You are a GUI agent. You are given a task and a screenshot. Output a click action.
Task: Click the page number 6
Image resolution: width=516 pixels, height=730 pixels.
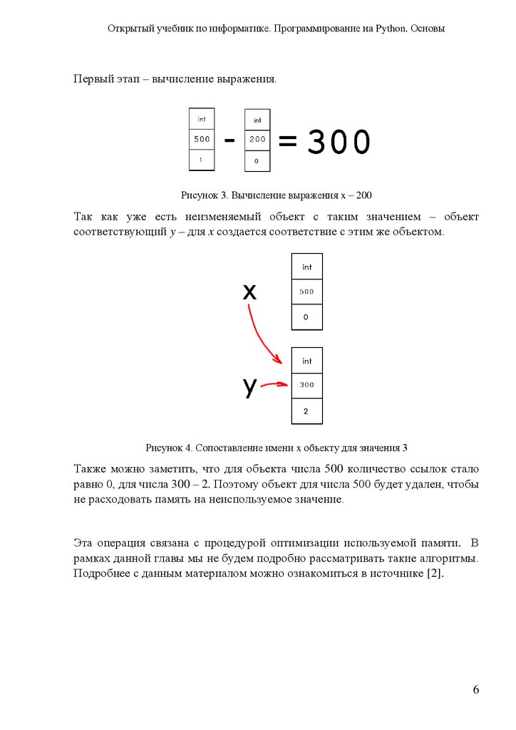tap(475, 689)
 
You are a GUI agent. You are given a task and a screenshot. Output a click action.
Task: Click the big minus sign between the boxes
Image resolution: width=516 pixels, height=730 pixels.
tap(229, 141)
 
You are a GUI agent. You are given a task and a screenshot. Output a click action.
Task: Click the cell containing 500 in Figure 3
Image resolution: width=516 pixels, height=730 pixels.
tap(202, 140)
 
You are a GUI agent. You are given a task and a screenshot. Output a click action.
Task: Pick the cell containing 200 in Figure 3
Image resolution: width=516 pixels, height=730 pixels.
tap(257, 140)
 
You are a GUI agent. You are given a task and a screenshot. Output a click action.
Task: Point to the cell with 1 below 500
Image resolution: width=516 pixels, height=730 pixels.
tap(202, 160)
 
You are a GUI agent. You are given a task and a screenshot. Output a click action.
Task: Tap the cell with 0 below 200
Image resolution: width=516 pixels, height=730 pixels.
tap(257, 162)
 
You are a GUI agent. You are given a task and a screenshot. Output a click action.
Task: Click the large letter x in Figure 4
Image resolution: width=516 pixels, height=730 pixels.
tap(249, 291)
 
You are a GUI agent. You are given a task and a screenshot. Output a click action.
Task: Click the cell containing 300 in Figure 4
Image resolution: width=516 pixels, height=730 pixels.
tap(306, 385)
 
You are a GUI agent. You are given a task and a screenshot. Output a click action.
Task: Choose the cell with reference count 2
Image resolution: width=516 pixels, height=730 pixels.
tap(306, 411)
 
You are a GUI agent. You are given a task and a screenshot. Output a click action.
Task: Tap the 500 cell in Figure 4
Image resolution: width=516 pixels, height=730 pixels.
tap(306, 292)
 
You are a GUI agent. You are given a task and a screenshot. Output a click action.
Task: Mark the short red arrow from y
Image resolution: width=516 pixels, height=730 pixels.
tap(274, 386)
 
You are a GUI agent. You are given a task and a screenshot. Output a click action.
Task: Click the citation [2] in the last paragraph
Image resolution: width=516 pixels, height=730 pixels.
tap(434, 574)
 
